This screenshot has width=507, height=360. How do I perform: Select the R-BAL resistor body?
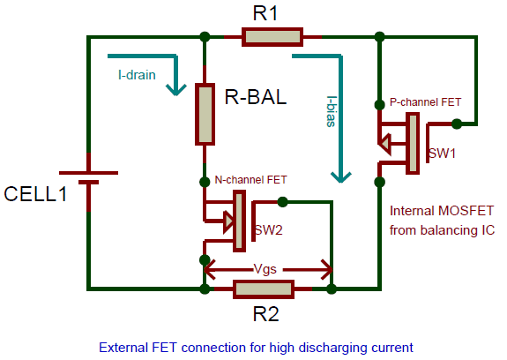pyautogui.click(x=205, y=113)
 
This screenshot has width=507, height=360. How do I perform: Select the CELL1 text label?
pyautogui.click(x=36, y=193)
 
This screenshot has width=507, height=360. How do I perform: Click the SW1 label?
pyautogui.click(x=442, y=153)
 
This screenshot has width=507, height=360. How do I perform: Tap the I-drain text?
pyautogui.click(x=137, y=75)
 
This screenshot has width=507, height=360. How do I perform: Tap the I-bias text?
pyautogui.click(x=331, y=111)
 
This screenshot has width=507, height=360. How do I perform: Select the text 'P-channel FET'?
pyautogui.click(x=425, y=102)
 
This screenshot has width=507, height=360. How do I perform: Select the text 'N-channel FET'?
pyautogui.click(x=251, y=179)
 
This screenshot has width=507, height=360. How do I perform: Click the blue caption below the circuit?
pyautogui.click(x=256, y=347)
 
